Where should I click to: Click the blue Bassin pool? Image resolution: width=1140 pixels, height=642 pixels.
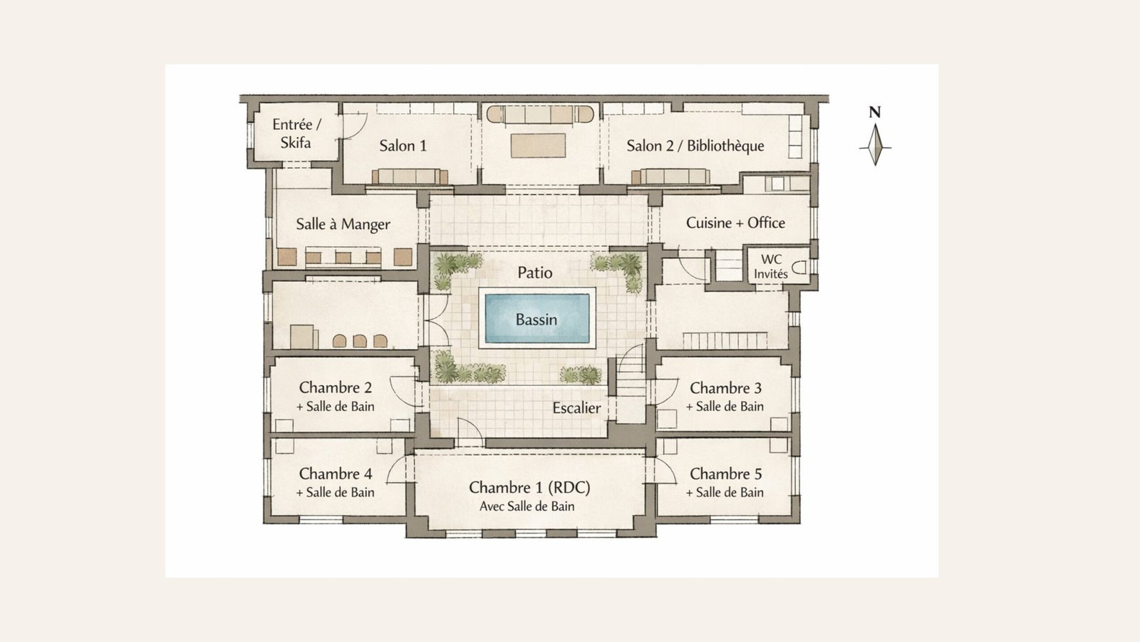pos(537,318)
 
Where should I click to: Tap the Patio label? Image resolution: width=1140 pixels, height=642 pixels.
pos(535,272)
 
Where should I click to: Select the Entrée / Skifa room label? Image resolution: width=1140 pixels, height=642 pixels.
pos(296,133)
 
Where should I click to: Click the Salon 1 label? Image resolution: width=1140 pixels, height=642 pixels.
pos(403,146)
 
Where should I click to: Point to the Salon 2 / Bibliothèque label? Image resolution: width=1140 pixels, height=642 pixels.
pos(695,146)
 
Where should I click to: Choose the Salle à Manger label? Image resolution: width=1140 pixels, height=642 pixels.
pos(343,224)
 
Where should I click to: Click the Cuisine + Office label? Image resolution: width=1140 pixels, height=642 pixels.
pos(735,223)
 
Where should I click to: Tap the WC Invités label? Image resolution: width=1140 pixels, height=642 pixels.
pos(771,267)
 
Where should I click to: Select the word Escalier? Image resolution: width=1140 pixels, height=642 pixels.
pos(576,407)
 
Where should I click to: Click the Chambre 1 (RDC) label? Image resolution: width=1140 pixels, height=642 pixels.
pos(529,488)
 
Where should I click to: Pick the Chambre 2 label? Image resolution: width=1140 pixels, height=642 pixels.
pos(336,387)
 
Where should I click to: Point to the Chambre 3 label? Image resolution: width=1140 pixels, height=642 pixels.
pos(726,388)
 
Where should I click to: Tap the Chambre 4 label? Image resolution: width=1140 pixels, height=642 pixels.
pos(336,474)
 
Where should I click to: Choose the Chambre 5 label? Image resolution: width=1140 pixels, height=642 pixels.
pos(726,474)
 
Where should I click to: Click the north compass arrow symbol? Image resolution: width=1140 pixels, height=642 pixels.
pos(876,146)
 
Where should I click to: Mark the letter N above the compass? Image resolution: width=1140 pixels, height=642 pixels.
pos(875,113)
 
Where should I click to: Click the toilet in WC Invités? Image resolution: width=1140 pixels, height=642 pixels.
pos(799,267)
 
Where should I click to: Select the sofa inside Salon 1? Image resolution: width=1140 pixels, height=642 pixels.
pos(410,176)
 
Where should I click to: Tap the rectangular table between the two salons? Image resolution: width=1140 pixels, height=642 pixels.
pos(538,146)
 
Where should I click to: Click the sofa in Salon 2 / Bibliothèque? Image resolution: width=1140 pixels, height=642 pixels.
pos(670,176)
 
